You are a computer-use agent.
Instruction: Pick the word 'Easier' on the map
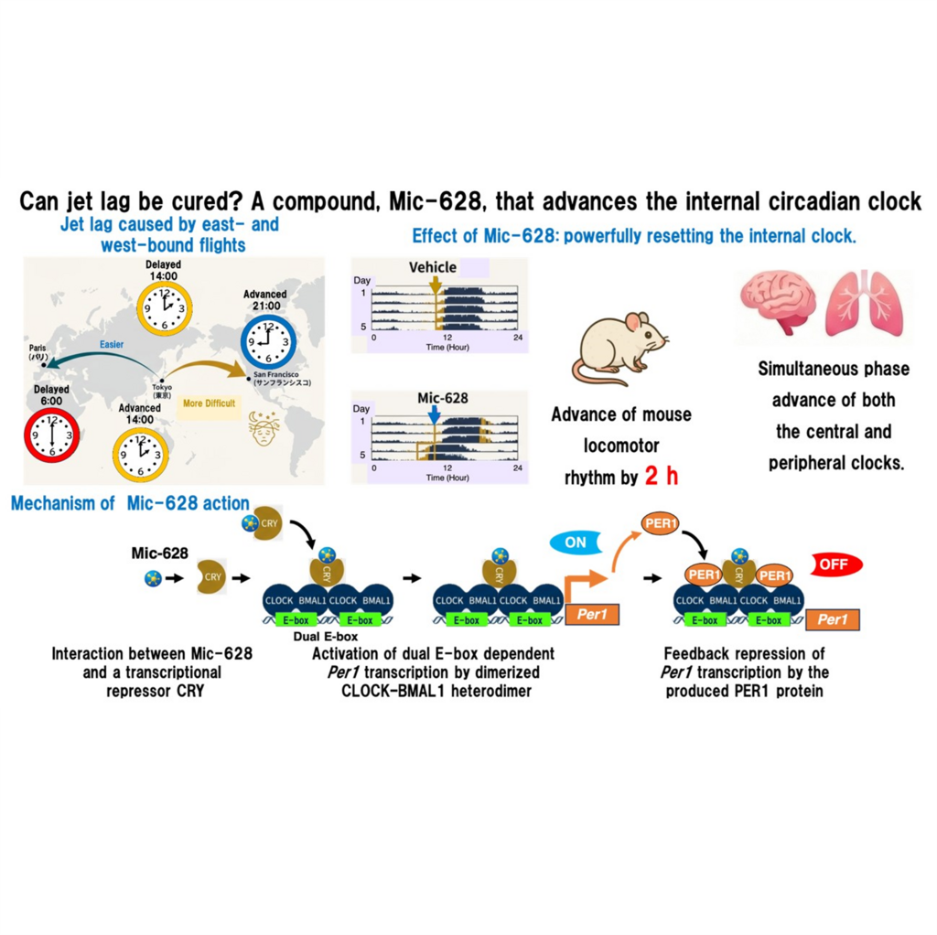click(x=111, y=346)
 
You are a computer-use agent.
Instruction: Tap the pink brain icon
click(x=776, y=302)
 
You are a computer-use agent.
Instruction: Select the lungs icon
click(x=863, y=302)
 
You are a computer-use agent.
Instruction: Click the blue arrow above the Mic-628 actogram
click(x=435, y=414)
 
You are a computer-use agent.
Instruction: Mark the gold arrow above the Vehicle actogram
click(x=435, y=285)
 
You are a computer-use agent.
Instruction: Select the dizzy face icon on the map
click(x=268, y=429)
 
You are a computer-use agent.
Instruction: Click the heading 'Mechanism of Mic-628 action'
click(x=130, y=503)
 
